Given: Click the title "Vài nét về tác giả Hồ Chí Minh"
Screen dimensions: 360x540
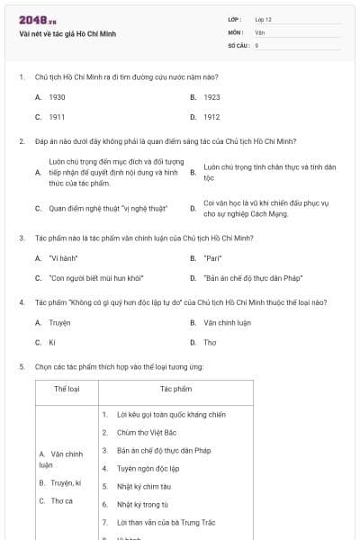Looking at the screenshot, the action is coord(67,34).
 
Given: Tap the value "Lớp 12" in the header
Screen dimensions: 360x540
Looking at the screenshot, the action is coord(263,19).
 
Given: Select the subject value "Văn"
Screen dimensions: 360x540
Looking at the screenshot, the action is coord(259,31).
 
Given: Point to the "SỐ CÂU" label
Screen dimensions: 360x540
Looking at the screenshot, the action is coord(238,44).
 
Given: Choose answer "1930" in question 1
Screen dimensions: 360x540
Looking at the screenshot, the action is coord(57,96).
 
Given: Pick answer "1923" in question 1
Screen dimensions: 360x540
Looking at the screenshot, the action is coord(211,96).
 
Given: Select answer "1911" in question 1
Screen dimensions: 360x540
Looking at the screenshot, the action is coord(57,117).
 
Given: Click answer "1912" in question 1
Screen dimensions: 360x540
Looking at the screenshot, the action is coord(211,117).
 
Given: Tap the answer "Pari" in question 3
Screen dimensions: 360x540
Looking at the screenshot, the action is coord(212,258).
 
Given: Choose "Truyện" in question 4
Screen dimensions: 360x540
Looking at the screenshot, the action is coord(59,322).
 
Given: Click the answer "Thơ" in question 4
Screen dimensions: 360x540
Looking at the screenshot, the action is coord(210,343).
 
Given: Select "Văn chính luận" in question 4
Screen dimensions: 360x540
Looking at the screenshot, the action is coord(227,322).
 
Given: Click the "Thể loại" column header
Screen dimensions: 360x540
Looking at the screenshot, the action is coord(67,389).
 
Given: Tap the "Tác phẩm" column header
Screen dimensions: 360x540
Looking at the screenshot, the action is coord(176,389).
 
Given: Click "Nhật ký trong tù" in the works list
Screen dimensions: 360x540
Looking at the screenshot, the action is coord(142,504).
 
